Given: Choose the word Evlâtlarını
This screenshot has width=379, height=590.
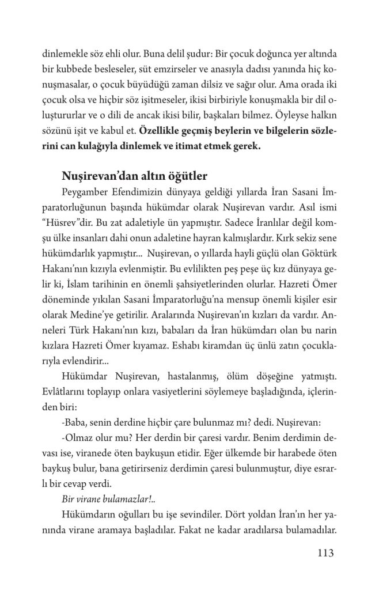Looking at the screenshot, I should click(64, 387).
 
